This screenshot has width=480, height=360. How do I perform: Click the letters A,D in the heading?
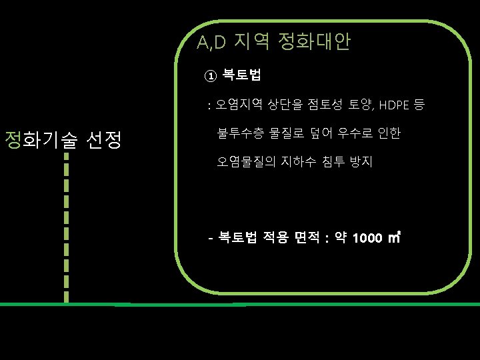click(x=212, y=43)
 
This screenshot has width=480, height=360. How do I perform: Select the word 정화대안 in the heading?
click(x=314, y=43)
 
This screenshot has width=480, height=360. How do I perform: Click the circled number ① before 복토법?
click(x=210, y=75)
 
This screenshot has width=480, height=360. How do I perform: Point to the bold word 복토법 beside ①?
click(x=242, y=75)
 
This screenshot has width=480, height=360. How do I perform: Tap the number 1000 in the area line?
click(x=367, y=238)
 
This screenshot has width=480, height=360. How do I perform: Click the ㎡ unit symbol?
click(x=393, y=237)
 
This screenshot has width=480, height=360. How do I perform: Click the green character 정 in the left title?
click(x=13, y=140)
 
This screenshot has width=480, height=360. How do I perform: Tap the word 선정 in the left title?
click(x=103, y=140)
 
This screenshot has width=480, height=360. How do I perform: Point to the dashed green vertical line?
click(x=66, y=227)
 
